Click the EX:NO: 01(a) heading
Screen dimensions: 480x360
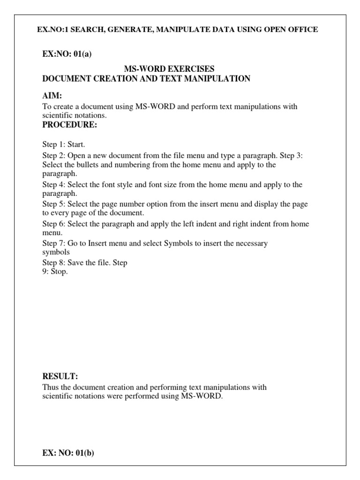tap(67, 53)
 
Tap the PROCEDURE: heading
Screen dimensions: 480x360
tap(70, 125)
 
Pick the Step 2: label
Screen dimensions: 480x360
tap(53, 156)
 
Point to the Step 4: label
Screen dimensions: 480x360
tap(53, 185)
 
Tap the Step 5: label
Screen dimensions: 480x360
tap(53, 204)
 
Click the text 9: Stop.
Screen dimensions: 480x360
tap(55, 272)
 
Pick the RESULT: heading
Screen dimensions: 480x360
tap(60, 376)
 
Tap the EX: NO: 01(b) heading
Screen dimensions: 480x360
tap(68, 453)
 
